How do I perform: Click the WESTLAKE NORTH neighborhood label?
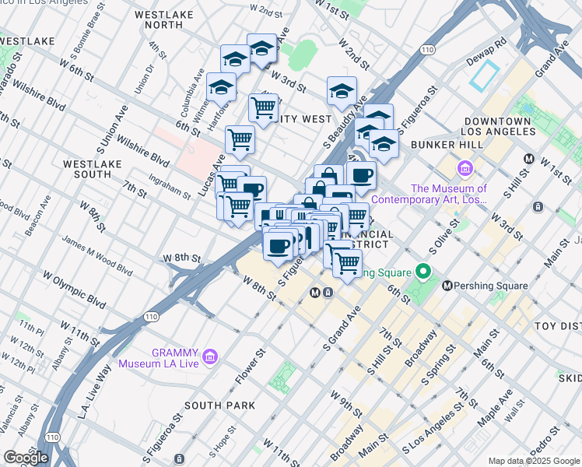point(169,19)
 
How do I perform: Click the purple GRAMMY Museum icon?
point(209,356)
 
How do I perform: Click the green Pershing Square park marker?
point(423,272)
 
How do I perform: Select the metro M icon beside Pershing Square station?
point(447,286)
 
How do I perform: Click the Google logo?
point(26,458)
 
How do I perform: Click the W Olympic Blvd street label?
point(74,288)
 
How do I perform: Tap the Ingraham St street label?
point(166,187)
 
